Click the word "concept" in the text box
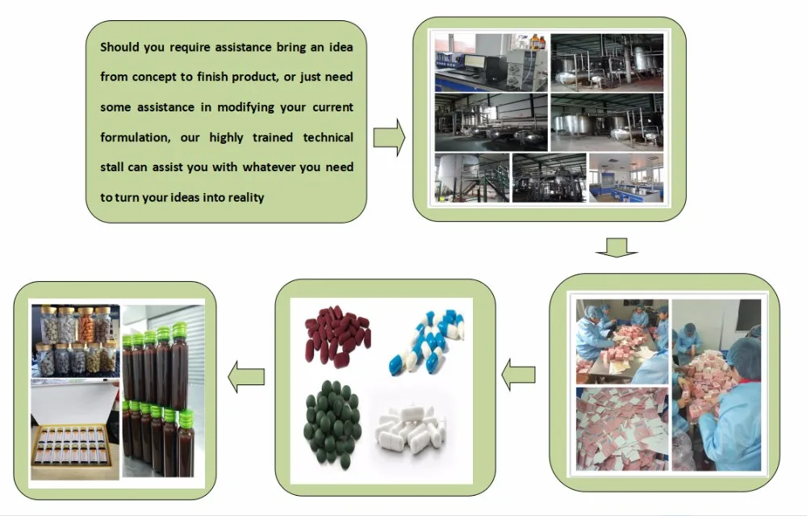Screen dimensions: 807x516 click(x=153, y=77)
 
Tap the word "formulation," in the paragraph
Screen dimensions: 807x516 click(x=135, y=137)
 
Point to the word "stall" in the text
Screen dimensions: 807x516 click(x=111, y=167)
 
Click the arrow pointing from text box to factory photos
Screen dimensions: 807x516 click(x=389, y=137)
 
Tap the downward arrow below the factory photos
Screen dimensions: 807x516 click(x=617, y=247)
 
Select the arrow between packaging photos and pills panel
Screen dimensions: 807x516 click(x=518, y=375)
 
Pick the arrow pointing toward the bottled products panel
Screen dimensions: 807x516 click(x=246, y=376)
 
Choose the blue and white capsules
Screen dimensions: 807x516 click(x=427, y=342)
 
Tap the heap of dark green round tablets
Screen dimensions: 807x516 click(x=333, y=423)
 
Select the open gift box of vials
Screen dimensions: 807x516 click(x=75, y=430)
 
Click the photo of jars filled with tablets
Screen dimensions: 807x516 click(x=76, y=341)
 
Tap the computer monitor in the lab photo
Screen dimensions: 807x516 click(x=474, y=62)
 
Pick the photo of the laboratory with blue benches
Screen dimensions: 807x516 click(x=626, y=178)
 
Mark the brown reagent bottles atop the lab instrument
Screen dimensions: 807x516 click(x=537, y=42)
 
